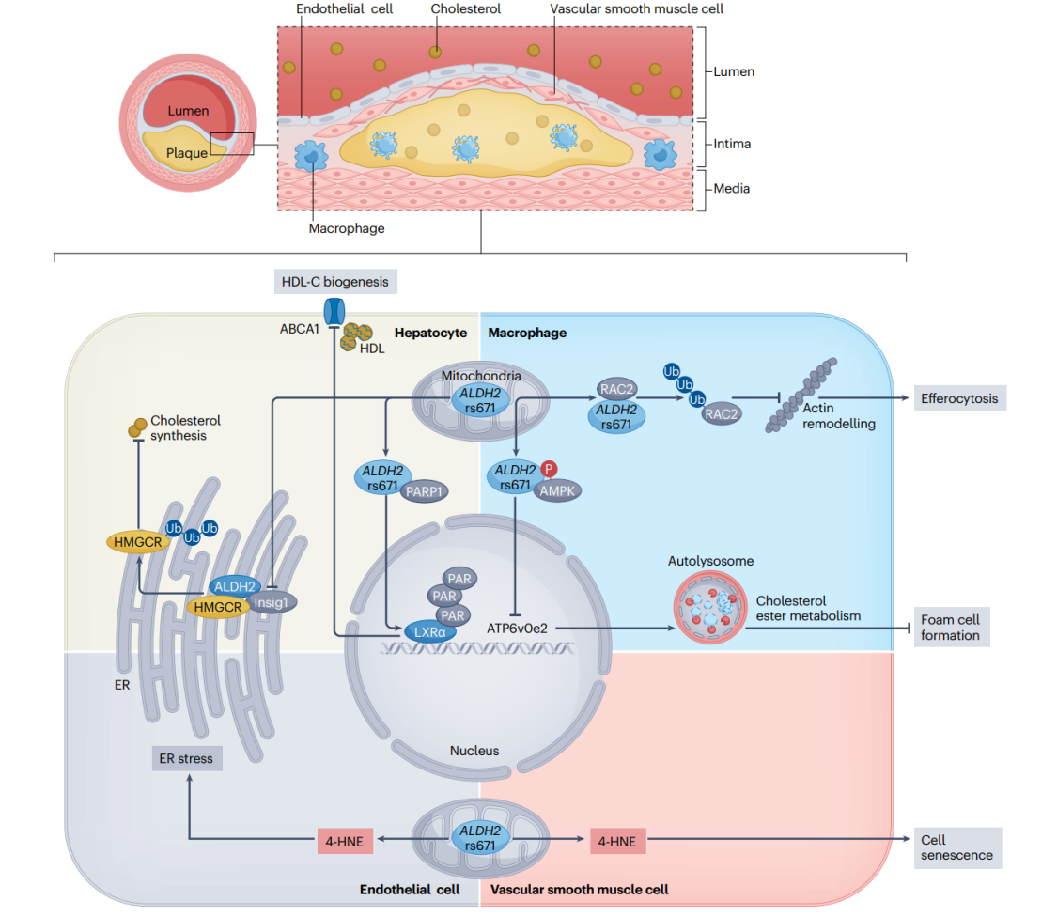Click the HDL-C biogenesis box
point(335,282)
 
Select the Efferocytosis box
point(960,398)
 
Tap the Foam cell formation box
point(951,628)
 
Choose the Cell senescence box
point(957,848)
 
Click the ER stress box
point(187,758)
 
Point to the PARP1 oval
point(424,492)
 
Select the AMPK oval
point(557,491)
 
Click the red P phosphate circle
point(549,469)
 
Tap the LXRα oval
point(430,632)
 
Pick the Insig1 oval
point(271,602)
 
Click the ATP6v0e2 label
point(517,629)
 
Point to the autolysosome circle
point(710,607)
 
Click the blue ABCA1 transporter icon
point(334,311)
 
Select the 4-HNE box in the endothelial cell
point(345,841)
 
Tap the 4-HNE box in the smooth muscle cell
point(617,841)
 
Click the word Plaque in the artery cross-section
point(187,153)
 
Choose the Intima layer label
point(732,144)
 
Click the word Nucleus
point(474,751)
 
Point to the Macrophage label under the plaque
point(347,228)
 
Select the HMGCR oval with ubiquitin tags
point(138,542)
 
